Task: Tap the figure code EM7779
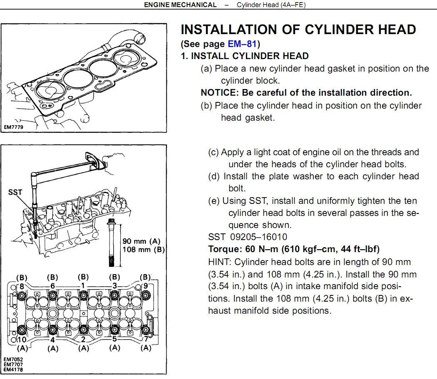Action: pos(14,127)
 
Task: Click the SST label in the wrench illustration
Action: pos(15,192)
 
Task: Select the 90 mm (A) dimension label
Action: pos(142,241)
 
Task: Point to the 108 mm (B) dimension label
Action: pos(144,249)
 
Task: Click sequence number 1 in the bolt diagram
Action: pos(83,286)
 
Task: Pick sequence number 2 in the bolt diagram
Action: pos(83,339)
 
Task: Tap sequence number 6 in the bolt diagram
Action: pos(52,286)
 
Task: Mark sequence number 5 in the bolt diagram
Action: pos(114,339)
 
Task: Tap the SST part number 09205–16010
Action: pos(258,237)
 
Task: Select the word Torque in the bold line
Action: pos(225,249)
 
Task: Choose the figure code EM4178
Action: pos(13,370)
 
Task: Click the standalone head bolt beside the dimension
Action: pos(111,243)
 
